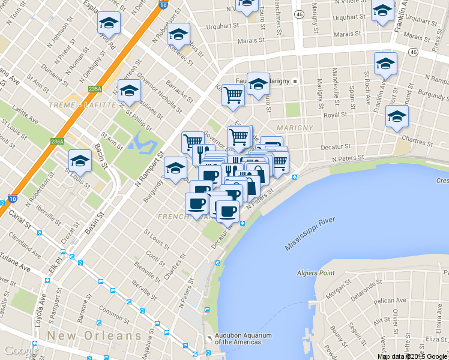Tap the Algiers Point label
coord(315,273)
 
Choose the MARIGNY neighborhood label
coord(295,128)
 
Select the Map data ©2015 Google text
coord(412,356)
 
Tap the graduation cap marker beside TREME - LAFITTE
coord(128,91)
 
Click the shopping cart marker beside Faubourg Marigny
coord(233,95)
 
